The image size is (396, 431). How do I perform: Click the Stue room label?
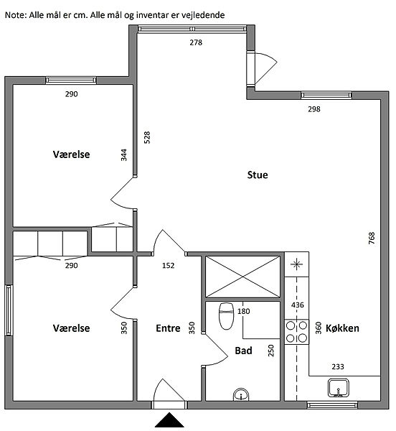point(258,175)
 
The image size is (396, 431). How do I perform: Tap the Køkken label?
point(342,328)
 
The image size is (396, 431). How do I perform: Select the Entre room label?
point(168,328)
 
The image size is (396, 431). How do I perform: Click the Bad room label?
point(243,351)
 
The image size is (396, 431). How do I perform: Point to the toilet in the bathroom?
point(226,315)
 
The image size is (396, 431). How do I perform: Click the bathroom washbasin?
point(241,394)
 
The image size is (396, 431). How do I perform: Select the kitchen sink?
point(339,388)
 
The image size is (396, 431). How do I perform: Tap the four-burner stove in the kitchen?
point(297,332)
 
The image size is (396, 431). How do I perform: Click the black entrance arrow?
point(169,420)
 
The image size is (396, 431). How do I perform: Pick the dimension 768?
point(372,238)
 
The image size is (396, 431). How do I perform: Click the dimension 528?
point(147,137)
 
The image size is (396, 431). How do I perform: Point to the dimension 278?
point(196,42)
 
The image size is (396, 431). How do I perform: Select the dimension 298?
point(314,109)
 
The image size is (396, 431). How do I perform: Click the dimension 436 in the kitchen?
point(298,305)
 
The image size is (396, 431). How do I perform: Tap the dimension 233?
point(338,366)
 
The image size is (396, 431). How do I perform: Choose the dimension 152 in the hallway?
point(168,266)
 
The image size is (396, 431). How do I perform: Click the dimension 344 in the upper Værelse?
point(124,155)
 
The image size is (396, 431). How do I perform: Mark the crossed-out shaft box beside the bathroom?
point(242,277)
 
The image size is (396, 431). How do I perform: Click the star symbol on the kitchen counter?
point(297,264)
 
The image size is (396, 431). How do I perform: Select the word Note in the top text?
point(16,15)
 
